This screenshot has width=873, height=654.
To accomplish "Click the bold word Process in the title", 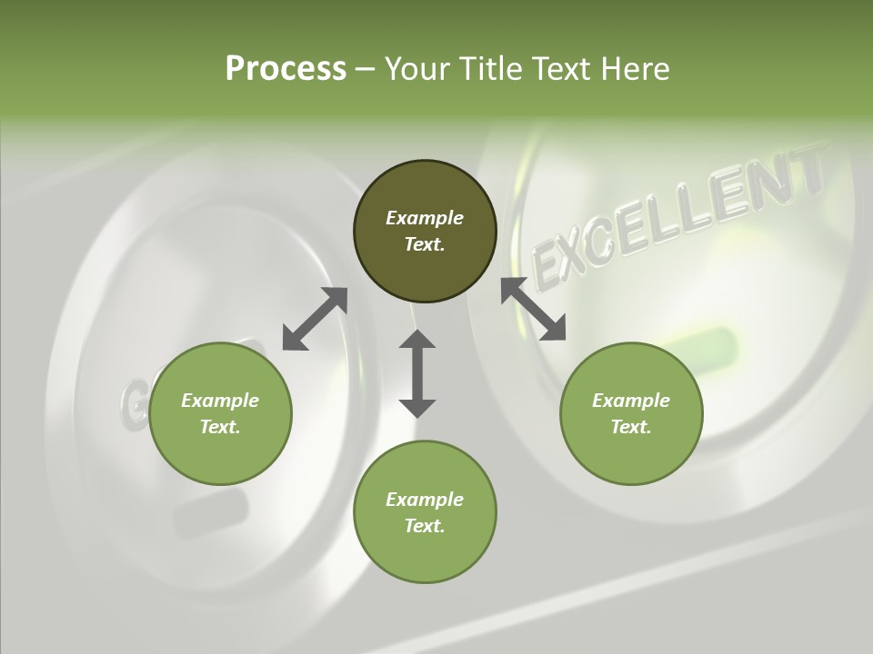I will (x=286, y=68).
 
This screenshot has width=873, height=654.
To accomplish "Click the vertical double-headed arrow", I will (x=417, y=373).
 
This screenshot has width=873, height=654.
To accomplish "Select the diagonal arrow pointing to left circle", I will (x=315, y=319).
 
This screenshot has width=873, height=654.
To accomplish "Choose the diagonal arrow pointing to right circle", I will (x=534, y=309).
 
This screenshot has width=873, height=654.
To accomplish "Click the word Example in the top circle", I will (x=425, y=218).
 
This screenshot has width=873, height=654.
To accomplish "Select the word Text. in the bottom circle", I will (x=425, y=526).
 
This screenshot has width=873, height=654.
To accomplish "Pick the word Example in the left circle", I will (x=220, y=401).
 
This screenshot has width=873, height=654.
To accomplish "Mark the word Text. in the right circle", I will (x=631, y=427).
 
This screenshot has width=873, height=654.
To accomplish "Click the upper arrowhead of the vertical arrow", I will (x=417, y=342).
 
